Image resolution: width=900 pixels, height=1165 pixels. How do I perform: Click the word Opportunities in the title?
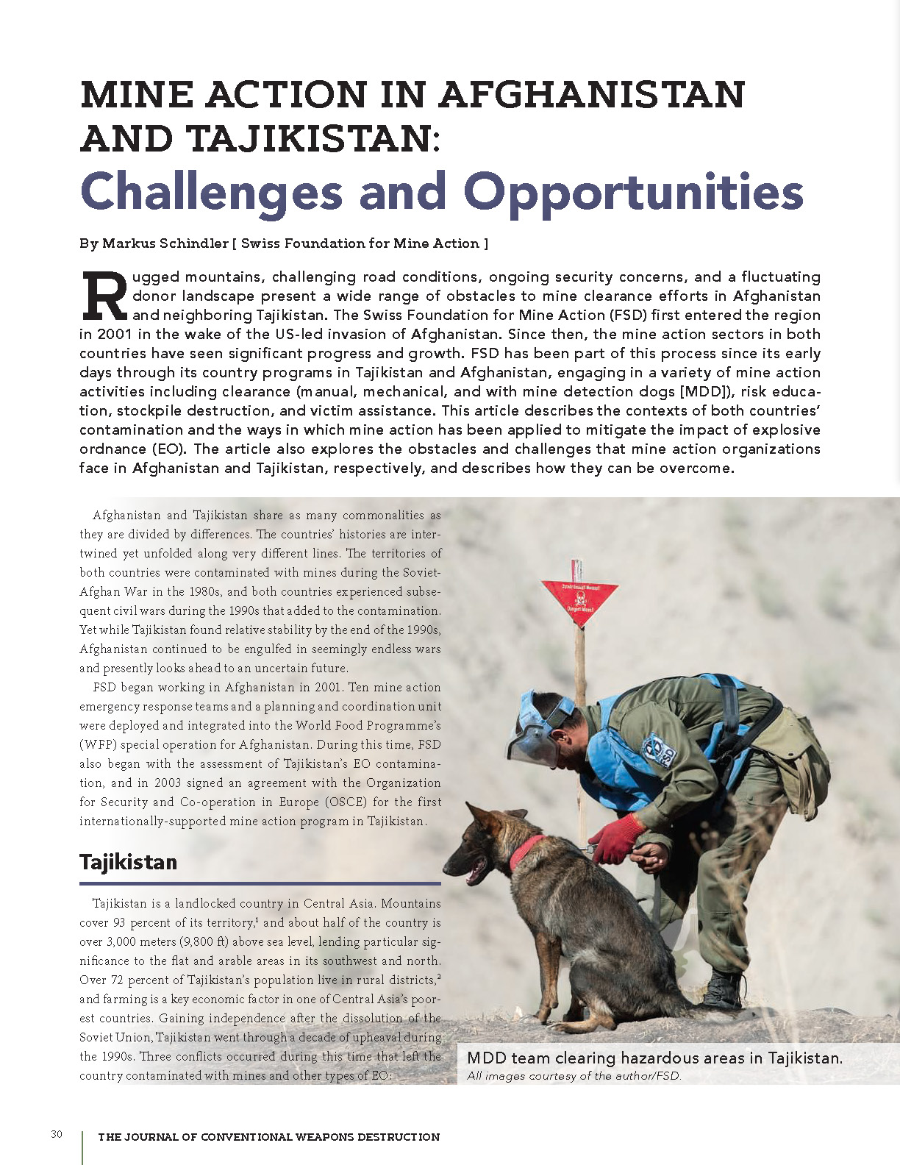click(633, 193)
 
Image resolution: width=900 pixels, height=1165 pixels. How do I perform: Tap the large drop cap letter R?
click(104, 296)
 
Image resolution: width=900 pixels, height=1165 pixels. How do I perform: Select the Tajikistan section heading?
click(129, 862)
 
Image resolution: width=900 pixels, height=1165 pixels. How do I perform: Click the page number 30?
click(57, 1134)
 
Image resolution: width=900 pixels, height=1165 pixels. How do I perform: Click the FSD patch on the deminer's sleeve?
click(659, 750)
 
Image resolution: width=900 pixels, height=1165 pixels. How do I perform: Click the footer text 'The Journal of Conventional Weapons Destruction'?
click(268, 1137)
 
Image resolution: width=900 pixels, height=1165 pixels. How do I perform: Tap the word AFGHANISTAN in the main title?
click(592, 95)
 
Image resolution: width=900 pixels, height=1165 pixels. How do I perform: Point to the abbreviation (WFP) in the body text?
click(97, 744)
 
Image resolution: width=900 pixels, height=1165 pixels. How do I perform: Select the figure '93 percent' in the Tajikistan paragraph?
click(142, 922)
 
